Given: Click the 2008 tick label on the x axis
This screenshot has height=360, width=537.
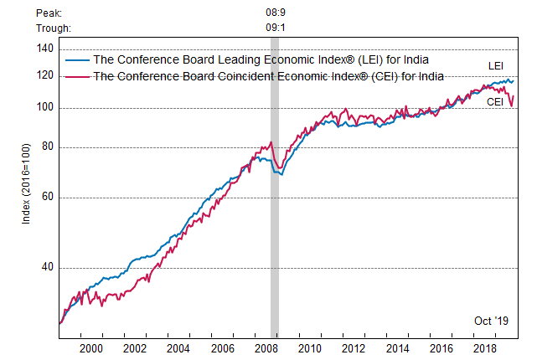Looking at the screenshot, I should (x=266, y=348).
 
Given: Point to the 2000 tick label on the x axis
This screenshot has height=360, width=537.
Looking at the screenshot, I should (x=90, y=348).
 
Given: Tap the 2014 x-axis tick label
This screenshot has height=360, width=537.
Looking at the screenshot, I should (x=397, y=348).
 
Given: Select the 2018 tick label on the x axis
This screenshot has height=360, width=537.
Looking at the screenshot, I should (x=484, y=348).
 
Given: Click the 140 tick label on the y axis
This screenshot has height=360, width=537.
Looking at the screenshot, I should (x=45, y=49).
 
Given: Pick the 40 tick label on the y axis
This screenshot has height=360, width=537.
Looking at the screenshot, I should (x=48, y=268).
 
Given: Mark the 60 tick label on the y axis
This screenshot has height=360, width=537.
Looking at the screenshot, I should (x=48, y=198).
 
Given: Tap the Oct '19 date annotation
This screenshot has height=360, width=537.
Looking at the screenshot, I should (x=491, y=321).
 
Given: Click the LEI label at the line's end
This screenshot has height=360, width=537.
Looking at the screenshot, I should (x=497, y=66).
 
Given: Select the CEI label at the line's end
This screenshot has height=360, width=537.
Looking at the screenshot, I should (x=495, y=101).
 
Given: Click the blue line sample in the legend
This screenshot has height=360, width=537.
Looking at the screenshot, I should (x=76, y=60).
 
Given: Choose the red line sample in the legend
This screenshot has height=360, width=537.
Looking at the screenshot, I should (x=76, y=76).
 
